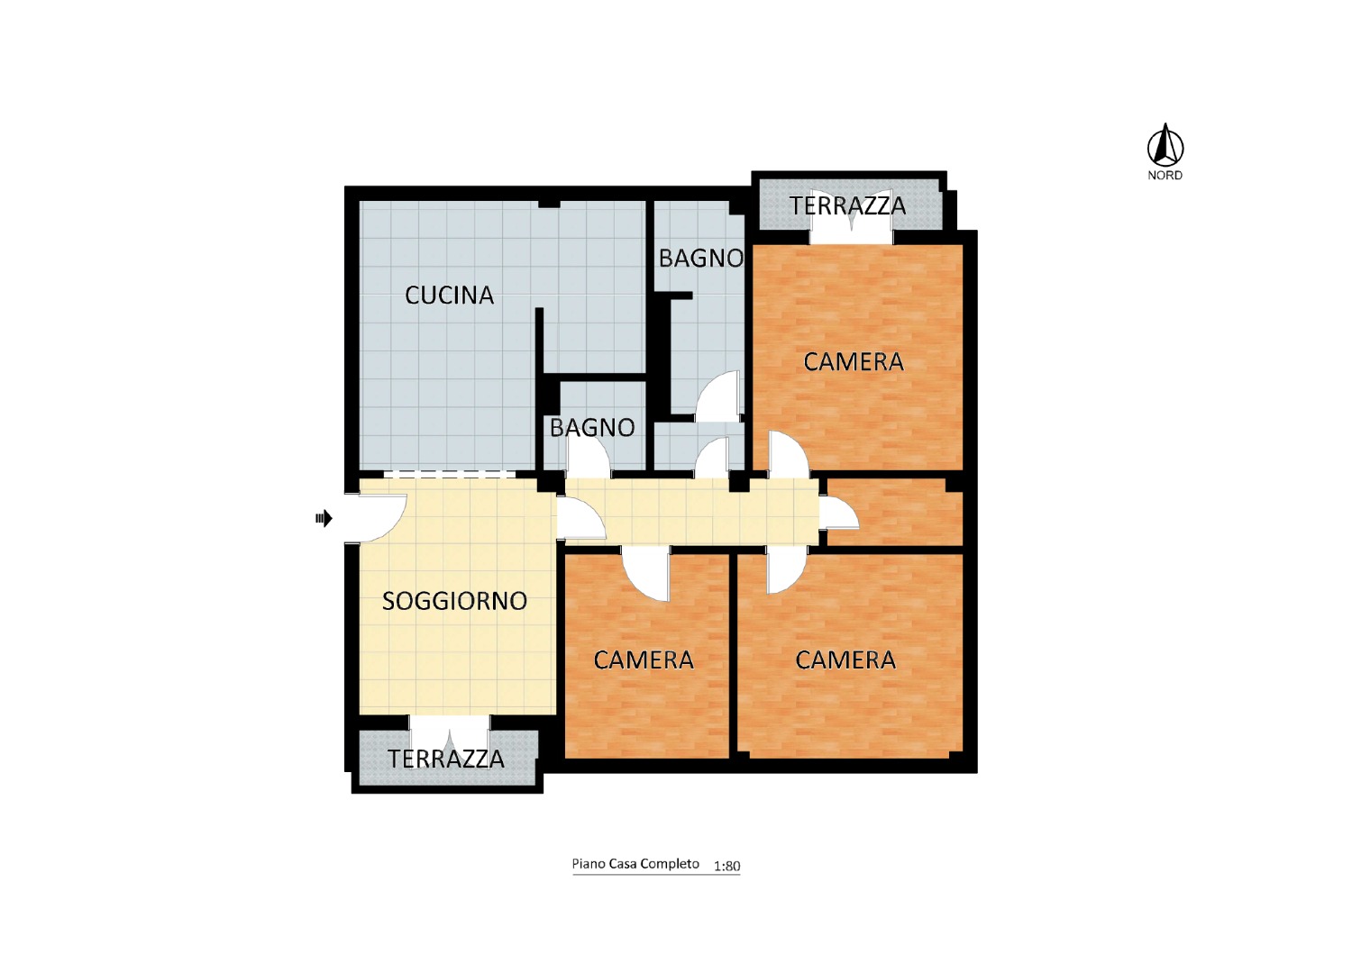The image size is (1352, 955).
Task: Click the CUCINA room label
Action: coord(449,295)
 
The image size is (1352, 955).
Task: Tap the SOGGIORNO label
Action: coord(454,601)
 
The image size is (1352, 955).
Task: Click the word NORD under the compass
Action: coord(1165,176)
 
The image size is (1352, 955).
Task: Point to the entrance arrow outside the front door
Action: coord(324,518)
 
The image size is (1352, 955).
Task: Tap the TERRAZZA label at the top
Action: coord(847,205)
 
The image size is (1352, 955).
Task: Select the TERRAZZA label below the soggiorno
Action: coord(446,759)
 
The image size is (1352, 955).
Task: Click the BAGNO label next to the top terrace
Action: coord(700,259)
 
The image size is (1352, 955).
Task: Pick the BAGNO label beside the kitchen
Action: coord(592,428)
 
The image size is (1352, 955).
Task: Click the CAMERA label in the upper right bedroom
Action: coord(854,362)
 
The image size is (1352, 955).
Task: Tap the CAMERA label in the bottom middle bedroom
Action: coord(644,660)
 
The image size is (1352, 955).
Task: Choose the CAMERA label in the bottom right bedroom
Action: coord(845,660)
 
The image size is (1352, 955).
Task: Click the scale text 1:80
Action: coord(726,867)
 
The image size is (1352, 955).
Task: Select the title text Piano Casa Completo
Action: coord(635,864)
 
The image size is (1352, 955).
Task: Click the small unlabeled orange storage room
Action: coord(894,513)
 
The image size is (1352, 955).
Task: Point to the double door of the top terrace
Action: coord(851,225)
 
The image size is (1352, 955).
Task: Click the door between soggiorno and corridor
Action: coord(580,518)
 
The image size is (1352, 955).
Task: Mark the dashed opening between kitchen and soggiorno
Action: coord(450,475)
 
